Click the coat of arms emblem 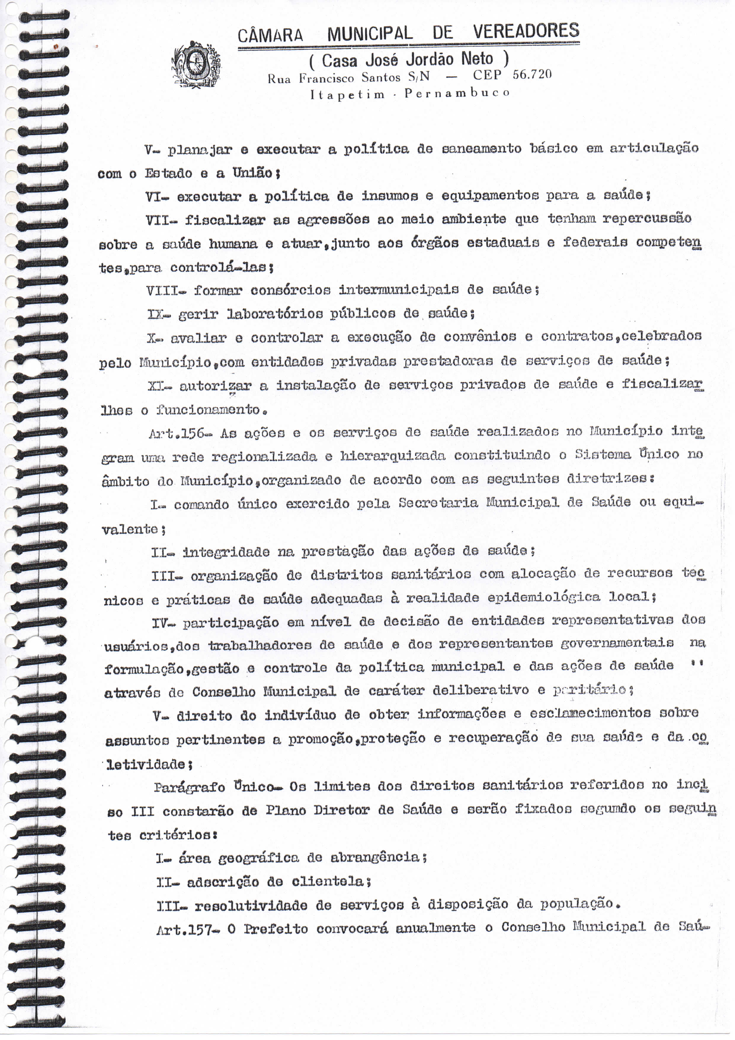click(196, 64)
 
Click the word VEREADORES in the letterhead click(526, 31)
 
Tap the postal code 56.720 click(532, 74)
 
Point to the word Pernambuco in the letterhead click(457, 93)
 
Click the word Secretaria click(438, 503)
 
